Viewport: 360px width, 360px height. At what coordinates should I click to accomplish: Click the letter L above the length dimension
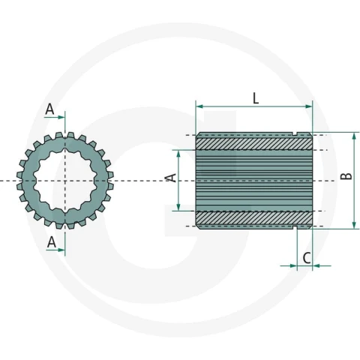coord(256,98)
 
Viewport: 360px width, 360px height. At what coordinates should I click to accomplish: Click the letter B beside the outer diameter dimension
coord(346,176)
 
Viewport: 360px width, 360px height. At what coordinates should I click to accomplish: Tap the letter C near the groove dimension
coord(307,258)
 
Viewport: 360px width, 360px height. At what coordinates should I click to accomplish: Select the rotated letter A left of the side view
coord(171,178)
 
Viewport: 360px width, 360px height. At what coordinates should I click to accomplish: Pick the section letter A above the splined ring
coord(49,109)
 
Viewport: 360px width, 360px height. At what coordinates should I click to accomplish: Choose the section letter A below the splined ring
coord(52,242)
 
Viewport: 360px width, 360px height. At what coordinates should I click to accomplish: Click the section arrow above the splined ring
coord(55,117)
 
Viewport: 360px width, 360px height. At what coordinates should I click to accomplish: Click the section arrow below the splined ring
coord(55,250)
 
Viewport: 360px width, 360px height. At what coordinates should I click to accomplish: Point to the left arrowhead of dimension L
coord(199,106)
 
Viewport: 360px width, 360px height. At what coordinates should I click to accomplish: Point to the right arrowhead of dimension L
coord(309,106)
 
